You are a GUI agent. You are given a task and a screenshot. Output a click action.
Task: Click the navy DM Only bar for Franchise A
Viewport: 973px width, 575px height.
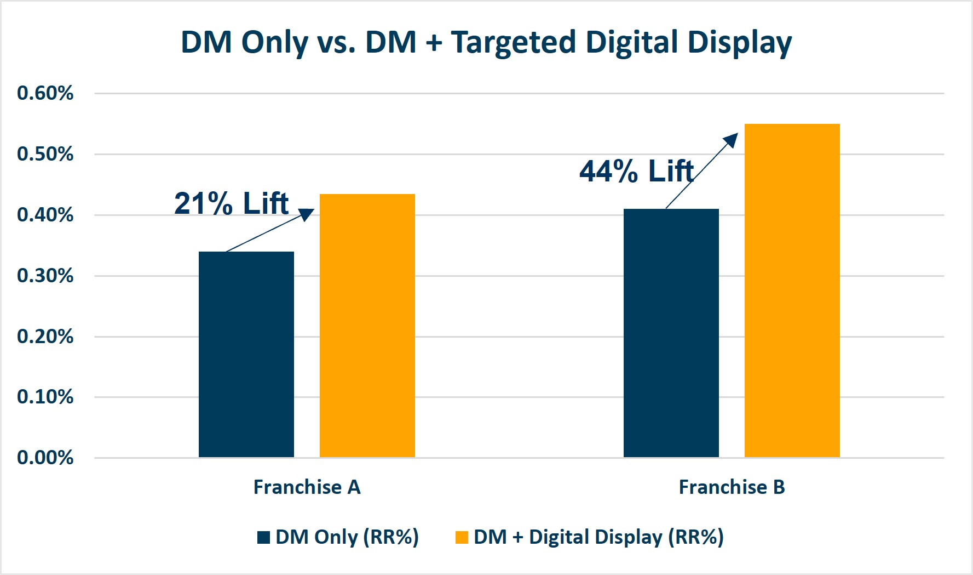click(x=246, y=354)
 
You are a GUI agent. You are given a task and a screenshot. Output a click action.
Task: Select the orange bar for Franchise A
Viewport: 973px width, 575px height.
click(x=367, y=326)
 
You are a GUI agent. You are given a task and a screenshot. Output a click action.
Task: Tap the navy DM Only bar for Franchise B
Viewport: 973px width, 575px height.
click(x=671, y=333)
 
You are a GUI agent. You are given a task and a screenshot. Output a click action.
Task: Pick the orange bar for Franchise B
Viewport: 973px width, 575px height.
click(x=792, y=291)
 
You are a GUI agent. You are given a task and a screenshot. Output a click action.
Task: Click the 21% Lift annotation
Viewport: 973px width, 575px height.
click(x=231, y=203)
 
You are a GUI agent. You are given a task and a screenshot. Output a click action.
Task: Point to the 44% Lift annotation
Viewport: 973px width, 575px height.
click(x=636, y=171)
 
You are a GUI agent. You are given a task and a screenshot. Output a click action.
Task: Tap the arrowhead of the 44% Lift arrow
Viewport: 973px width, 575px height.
click(x=731, y=140)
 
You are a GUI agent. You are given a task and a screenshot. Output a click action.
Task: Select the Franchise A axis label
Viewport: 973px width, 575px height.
click(x=307, y=487)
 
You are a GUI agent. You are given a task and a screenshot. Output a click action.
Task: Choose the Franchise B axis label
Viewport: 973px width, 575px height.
click(x=732, y=487)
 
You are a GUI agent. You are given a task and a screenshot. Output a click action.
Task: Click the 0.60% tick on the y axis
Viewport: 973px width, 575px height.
click(x=45, y=93)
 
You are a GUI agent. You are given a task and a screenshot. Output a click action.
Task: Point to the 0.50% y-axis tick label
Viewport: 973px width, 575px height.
click(x=45, y=154)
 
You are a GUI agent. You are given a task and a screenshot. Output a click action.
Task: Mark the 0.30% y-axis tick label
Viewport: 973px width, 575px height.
click(x=45, y=275)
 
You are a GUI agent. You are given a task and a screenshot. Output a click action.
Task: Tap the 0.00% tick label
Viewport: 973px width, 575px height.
click(x=45, y=457)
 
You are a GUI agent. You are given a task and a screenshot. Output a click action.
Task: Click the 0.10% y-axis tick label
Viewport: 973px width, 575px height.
click(x=45, y=396)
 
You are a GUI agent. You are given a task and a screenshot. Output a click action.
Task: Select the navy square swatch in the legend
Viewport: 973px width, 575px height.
click(x=263, y=537)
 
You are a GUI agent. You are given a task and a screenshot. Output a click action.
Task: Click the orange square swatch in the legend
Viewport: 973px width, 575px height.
click(x=462, y=537)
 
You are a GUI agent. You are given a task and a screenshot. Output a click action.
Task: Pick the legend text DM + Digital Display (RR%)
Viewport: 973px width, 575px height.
click(x=598, y=537)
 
